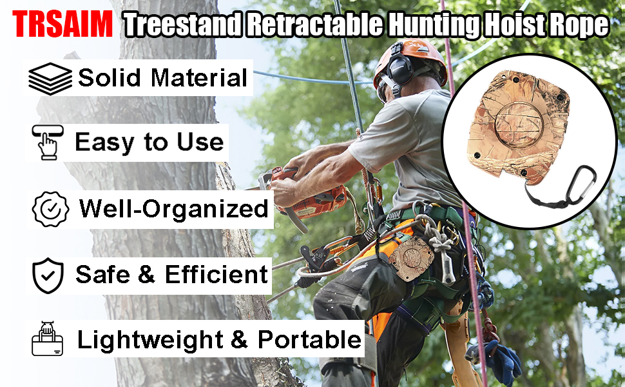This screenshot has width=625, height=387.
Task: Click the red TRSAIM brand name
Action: (63, 24)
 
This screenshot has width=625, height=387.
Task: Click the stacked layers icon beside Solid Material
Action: (50, 79)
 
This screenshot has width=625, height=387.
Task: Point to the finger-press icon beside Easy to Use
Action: (48, 142)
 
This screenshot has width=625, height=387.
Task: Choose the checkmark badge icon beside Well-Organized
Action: (50, 209)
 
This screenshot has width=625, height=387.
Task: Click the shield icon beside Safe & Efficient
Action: (48, 275)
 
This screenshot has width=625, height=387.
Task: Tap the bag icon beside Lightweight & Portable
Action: (48, 339)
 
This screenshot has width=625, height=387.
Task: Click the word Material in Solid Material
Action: (199, 77)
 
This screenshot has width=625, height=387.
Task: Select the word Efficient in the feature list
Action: (216, 275)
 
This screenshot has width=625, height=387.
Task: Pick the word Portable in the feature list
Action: (309, 339)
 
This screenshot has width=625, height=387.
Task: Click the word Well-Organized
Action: (174, 209)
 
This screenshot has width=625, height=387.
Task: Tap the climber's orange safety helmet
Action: (410, 60)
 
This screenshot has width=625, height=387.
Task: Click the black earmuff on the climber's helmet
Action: (399, 68)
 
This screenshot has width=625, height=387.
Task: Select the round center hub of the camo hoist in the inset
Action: (519, 124)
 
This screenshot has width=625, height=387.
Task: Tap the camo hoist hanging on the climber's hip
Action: (411, 258)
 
